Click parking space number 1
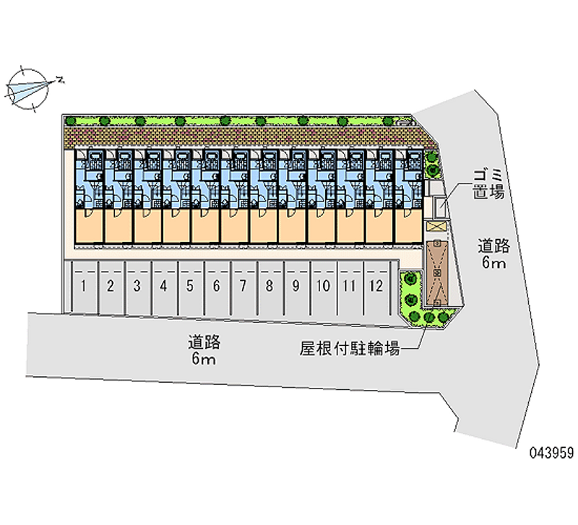pos(84,286)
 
